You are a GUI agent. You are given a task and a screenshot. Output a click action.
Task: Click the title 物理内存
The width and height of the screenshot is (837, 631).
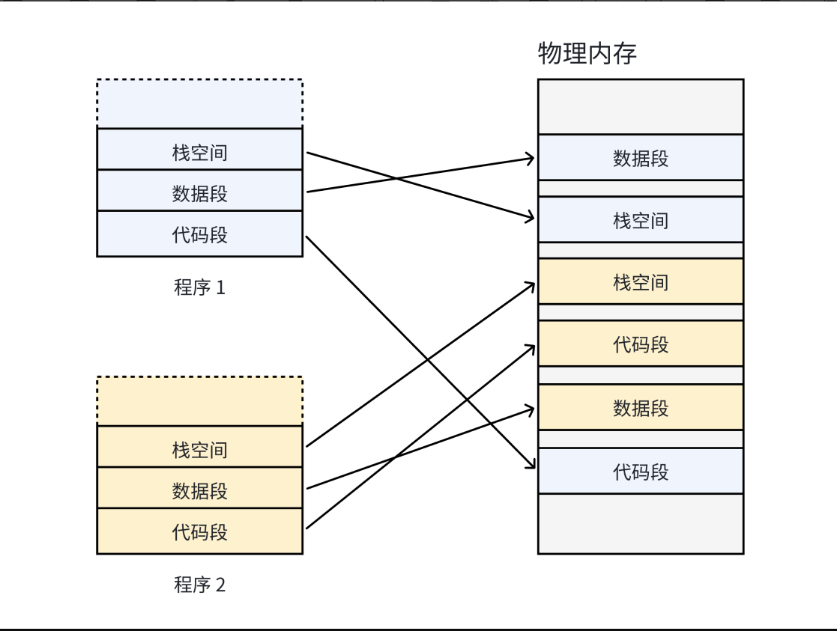(x=587, y=54)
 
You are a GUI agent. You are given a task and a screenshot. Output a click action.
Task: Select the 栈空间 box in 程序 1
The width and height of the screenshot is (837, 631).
(x=199, y=153)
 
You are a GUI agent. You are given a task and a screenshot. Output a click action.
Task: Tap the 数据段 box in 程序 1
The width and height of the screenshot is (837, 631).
(x=199, y=194)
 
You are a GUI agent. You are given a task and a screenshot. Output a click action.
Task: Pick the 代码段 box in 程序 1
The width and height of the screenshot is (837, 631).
(x=199, y=235)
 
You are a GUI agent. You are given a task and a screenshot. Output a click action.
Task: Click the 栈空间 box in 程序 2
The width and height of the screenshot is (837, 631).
(x=199, y=450)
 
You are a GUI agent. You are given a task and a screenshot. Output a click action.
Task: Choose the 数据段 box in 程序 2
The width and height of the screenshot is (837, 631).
(x=199, y=491)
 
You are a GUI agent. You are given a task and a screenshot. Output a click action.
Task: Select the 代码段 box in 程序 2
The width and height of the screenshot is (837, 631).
(x=199, y=532)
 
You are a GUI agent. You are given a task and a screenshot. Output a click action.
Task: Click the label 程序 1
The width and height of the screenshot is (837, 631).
(x=199, y=287)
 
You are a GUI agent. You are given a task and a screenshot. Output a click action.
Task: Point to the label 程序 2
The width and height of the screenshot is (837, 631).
(x=199, y=585)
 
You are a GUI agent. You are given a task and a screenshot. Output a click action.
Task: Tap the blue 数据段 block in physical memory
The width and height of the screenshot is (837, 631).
(x=641, y=158)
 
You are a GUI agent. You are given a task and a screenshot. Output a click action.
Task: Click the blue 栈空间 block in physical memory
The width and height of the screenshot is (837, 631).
(x=641, y=220)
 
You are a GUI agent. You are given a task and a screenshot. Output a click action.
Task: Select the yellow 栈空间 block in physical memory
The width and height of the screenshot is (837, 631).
(x=641, y=282)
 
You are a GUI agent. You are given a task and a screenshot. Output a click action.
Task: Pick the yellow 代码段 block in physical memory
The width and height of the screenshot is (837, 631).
(x=641, y=344)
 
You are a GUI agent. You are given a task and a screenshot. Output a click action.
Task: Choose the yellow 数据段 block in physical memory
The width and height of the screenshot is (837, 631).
(x=641, y=408)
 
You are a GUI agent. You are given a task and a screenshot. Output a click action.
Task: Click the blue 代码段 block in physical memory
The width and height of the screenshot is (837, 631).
(x=641, y=472)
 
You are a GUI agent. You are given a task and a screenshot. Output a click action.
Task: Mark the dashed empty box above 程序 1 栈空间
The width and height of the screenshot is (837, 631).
(x=199, y=103)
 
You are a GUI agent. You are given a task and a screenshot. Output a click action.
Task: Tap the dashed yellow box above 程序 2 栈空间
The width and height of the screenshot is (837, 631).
(x=199, y=401)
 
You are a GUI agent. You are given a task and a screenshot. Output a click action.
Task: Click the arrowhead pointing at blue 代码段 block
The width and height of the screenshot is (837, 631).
(x=531, y=466)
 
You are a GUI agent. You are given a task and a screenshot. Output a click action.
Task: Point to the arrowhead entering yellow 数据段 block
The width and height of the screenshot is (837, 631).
(x=531, y=409)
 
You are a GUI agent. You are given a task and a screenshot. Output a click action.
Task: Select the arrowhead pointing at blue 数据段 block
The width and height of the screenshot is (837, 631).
(x=531, y=158)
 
